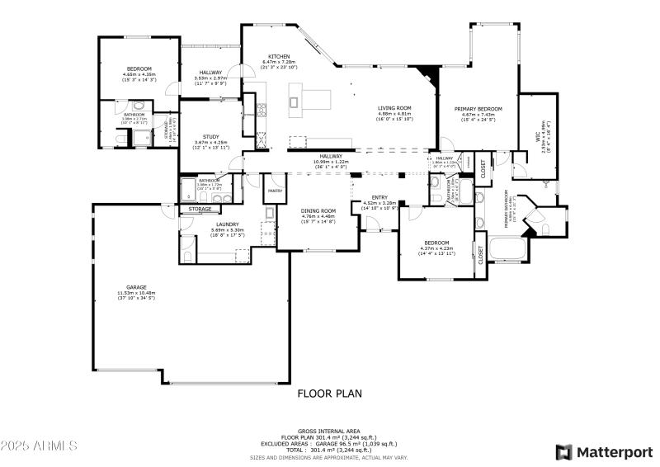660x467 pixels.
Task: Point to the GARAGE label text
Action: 136,287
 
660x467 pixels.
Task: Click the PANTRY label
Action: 275,191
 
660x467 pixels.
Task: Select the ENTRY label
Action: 379,197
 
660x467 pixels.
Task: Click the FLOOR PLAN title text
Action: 329,394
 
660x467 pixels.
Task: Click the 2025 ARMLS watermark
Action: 39,446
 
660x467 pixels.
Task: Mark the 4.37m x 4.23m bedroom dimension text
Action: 436,248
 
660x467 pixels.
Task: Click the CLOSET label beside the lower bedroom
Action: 480,255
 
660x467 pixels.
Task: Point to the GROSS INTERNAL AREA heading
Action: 329,431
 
